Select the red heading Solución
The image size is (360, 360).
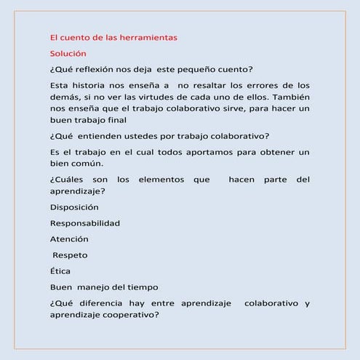point(68,53)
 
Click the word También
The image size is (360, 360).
point(287,97)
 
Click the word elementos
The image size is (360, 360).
point(161,180)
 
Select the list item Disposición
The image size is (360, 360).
point(74,207)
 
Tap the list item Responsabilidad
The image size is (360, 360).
point(85,223)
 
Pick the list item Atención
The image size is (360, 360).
point(69,239)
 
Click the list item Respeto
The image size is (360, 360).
point(71,255)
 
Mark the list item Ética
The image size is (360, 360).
point(60,271)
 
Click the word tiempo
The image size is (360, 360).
point(141,287)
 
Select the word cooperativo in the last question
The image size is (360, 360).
point(132,315)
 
